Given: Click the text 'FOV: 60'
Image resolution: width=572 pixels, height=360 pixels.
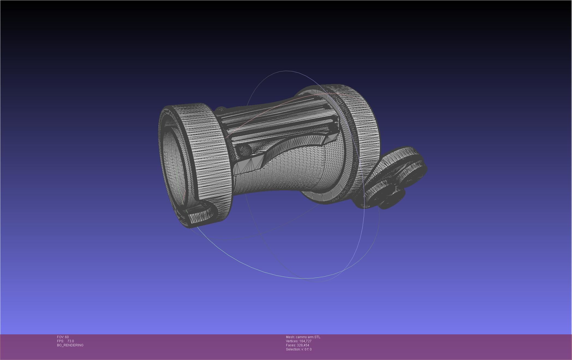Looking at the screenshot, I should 63,337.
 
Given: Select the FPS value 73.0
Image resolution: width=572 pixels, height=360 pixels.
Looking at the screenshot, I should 71,341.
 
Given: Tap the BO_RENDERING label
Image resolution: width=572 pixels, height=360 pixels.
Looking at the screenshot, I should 70,345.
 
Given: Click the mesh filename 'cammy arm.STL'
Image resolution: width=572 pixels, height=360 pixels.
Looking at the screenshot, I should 308,337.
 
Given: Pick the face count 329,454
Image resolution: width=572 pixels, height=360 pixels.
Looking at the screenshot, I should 303,345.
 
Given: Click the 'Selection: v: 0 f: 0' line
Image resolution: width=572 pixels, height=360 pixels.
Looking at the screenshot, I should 299,349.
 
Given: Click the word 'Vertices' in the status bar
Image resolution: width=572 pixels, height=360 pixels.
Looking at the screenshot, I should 292,341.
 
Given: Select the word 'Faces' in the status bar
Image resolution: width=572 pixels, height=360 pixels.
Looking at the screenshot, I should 291,345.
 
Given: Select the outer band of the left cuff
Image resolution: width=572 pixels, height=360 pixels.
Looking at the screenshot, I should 207,153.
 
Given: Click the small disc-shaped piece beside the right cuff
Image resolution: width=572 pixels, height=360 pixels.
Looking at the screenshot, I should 393,177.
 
